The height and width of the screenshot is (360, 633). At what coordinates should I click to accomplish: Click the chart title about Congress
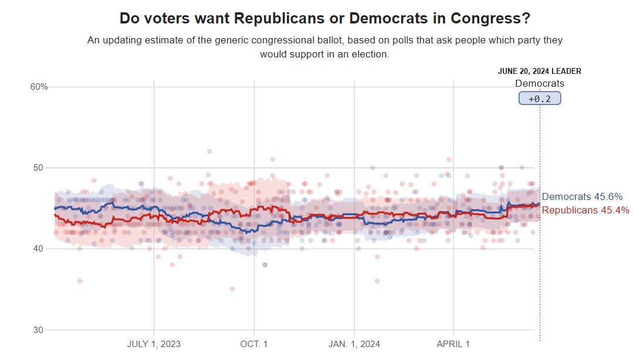325,18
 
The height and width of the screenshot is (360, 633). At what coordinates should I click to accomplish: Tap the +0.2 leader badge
540,99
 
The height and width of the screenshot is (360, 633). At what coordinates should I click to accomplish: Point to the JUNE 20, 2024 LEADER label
540,71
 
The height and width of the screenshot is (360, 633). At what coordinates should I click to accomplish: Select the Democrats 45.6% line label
582,197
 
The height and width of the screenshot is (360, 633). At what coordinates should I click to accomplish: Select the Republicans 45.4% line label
585,210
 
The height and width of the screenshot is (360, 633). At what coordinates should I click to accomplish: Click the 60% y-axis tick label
39,87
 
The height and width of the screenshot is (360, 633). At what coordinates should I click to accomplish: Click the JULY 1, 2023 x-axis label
154,344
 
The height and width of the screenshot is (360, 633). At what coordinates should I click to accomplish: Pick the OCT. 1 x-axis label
254,344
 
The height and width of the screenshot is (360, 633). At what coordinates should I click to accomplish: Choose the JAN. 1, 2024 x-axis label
354,344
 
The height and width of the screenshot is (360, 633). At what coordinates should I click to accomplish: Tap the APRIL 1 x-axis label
453,344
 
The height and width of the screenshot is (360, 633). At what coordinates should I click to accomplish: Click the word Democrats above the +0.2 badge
540,84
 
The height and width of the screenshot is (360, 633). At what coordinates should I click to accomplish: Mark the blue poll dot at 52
209,151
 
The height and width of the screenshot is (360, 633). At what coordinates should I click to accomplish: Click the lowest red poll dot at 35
232,289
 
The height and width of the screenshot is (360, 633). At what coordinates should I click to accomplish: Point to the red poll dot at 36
80,281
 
